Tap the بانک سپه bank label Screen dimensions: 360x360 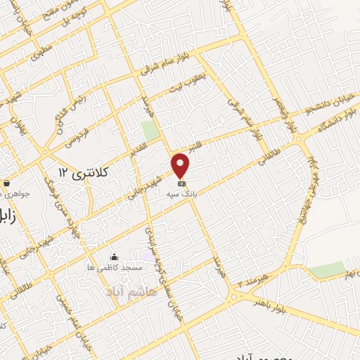click(181, 193)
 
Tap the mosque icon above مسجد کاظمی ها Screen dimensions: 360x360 click(114, 257)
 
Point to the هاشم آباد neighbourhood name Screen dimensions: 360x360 click(129, 290)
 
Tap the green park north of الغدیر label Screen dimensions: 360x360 click(149, 131)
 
